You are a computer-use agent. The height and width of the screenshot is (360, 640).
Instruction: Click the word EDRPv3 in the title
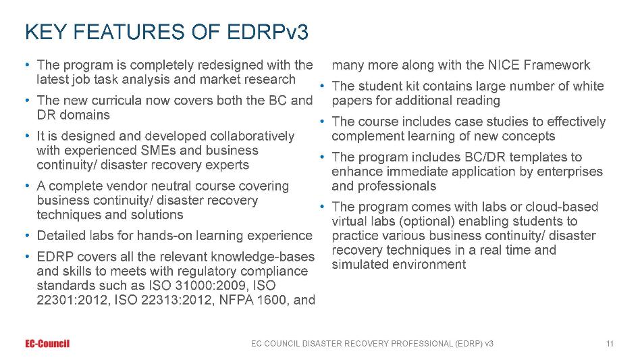267,32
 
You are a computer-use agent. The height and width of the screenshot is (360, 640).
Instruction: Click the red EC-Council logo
47,344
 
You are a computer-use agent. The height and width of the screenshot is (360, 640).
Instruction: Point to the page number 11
610,344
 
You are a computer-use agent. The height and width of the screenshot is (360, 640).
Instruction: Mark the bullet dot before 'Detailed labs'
28,236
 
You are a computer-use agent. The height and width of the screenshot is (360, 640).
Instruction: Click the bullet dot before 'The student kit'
322,86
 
